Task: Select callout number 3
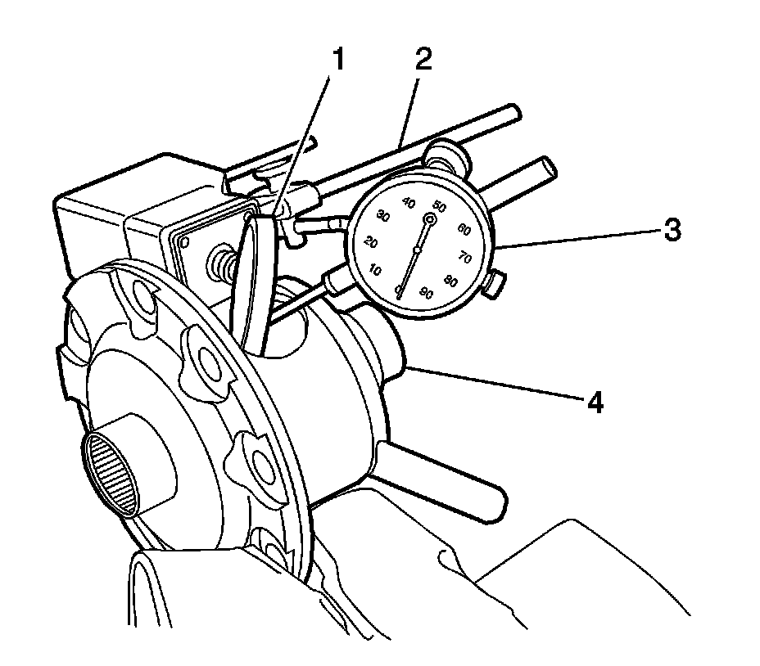671,230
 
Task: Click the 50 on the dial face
440,207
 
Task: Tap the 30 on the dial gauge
382,216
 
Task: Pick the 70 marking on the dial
466,258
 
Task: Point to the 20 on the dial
372,243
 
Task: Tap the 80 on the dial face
450,280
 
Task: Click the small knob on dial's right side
495,285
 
